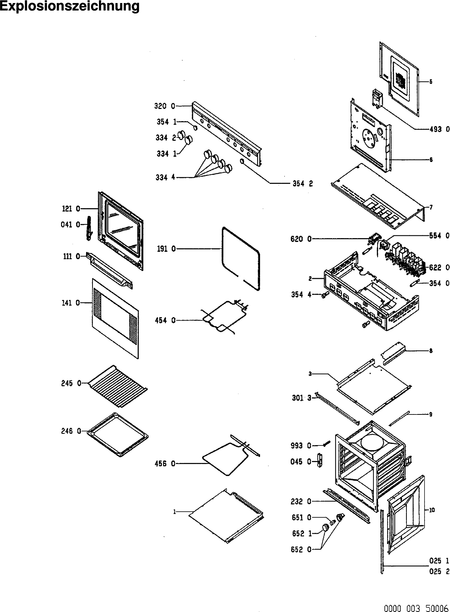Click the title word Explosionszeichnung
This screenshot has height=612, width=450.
(x=70, y=6)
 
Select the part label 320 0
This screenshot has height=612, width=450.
(x=165, y=106)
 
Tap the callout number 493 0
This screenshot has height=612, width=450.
(x=439, y=129)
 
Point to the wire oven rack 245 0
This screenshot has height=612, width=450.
(x=118, y=386)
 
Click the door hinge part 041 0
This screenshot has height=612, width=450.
(x=89, y=228)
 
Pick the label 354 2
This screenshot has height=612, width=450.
(x=303, y=184)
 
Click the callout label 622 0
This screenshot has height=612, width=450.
(x=439, y=268)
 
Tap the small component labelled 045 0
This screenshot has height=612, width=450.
(x=319, y=460)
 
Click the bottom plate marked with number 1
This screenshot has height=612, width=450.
(x=226, y=517)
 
